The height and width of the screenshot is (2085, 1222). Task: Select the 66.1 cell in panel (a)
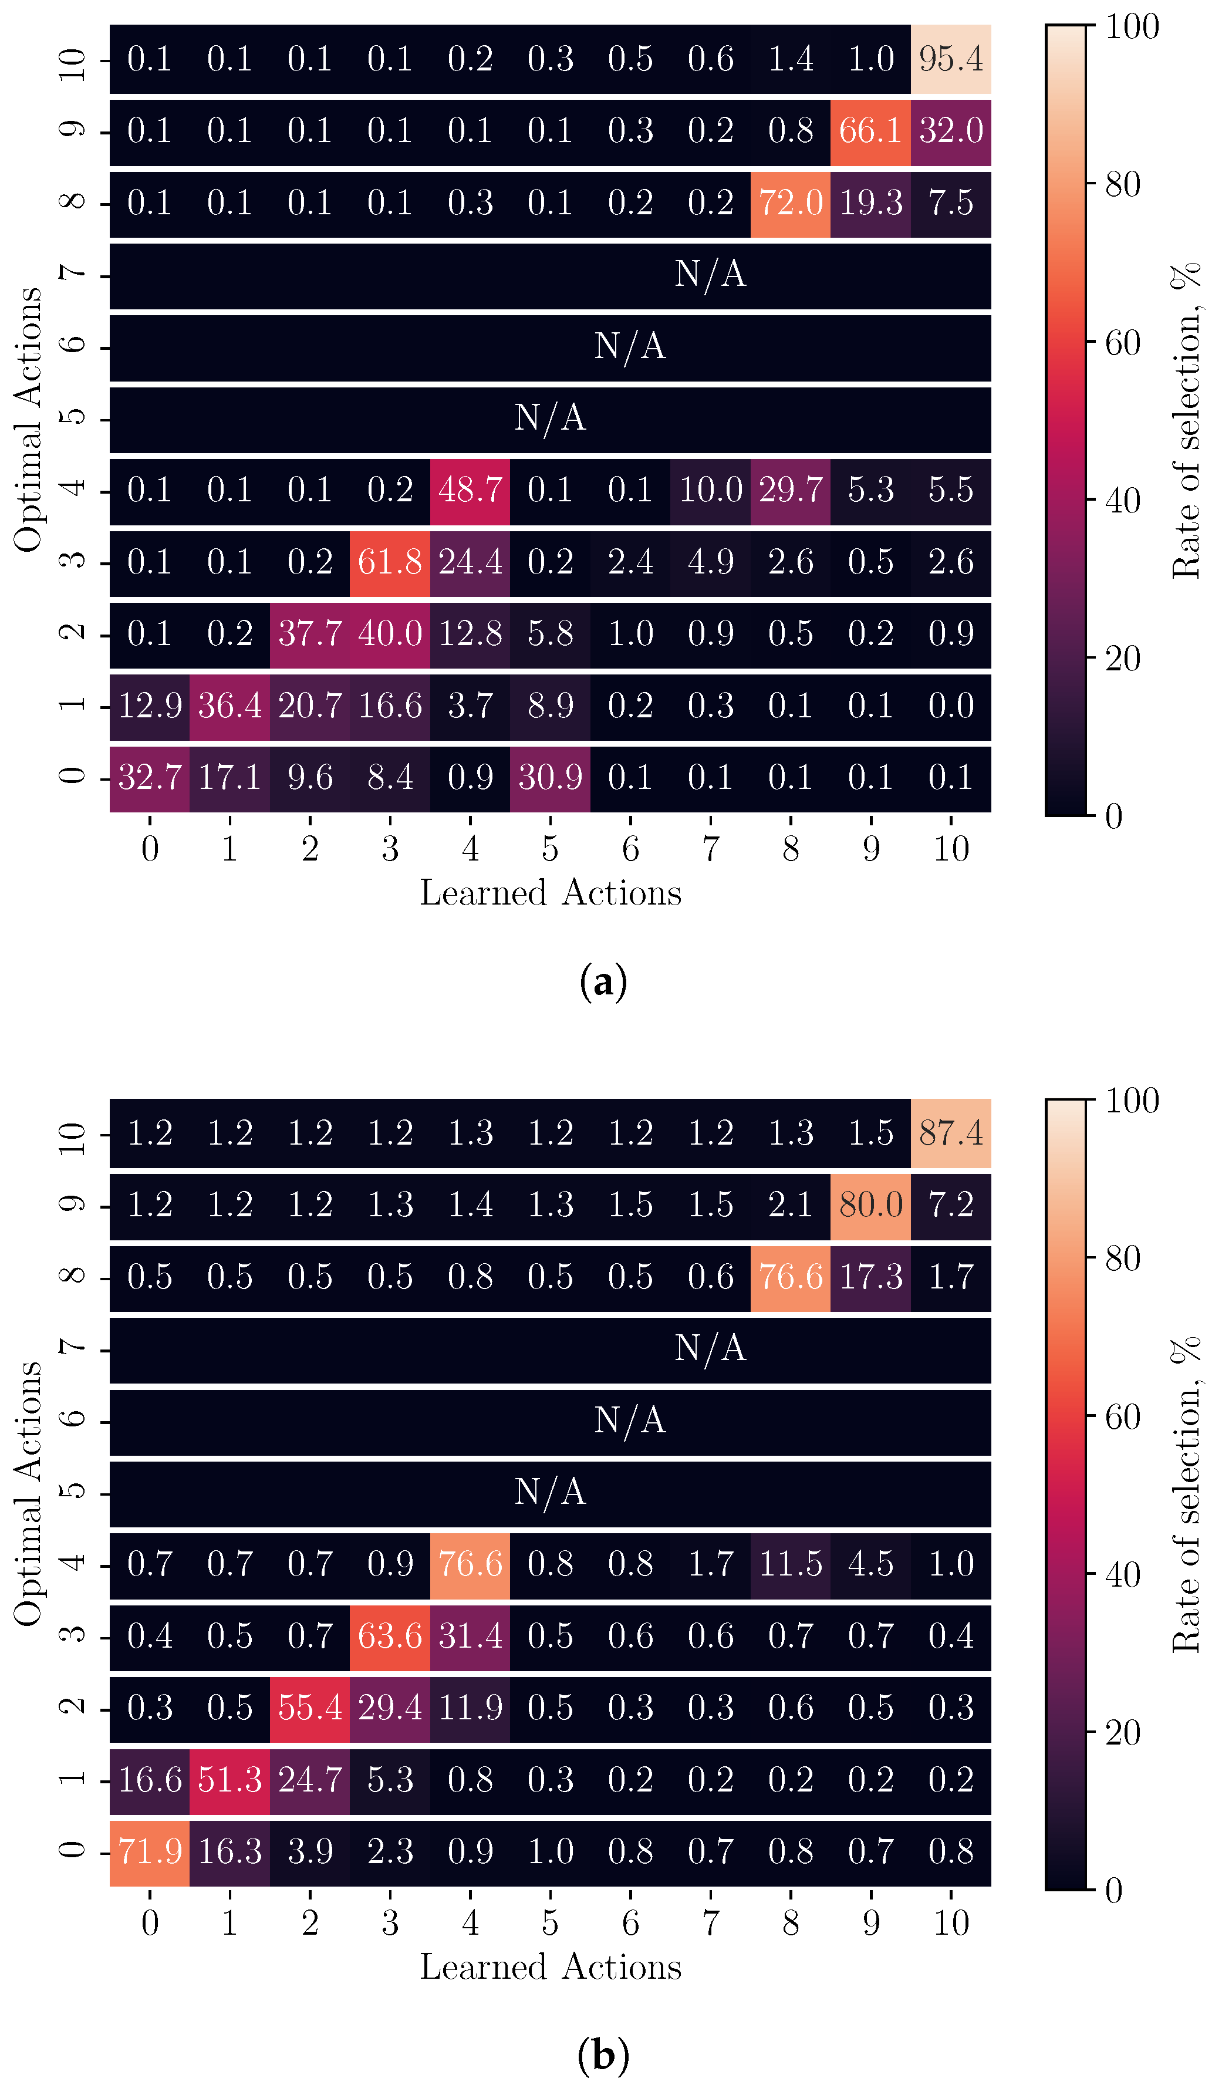(x=870, y=131)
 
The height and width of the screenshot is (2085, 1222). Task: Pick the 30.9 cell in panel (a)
(x=550, y=778)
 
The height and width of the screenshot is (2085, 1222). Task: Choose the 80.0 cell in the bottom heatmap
(x=870, y=1205)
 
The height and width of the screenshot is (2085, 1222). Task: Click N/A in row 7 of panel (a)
(x=710, y=275)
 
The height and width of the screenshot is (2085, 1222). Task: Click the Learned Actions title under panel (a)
(x=550, y=893)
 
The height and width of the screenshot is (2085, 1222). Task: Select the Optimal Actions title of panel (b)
(x=28, y=1493)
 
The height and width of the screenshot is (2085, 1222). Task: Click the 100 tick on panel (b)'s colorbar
(x=1132, y=1101)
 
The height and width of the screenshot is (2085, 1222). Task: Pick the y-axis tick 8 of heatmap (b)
(x=73, y=1277)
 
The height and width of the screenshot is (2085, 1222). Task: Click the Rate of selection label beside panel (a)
(x=1186, y=420)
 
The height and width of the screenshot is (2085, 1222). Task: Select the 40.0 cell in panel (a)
(x=390, y=635)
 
